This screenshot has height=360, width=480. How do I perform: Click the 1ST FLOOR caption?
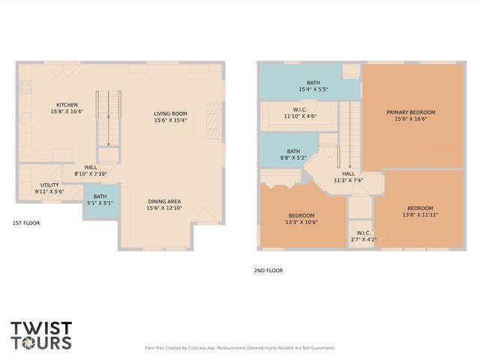click(x=25, y=223)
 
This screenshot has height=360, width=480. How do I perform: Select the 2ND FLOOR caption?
click(x=268, y=271)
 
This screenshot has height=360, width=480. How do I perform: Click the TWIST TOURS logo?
click(x=41, y=335)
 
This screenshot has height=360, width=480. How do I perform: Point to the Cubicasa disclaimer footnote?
click(x=239, y=348)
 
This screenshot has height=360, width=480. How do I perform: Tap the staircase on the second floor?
click(x=346, y=135)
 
